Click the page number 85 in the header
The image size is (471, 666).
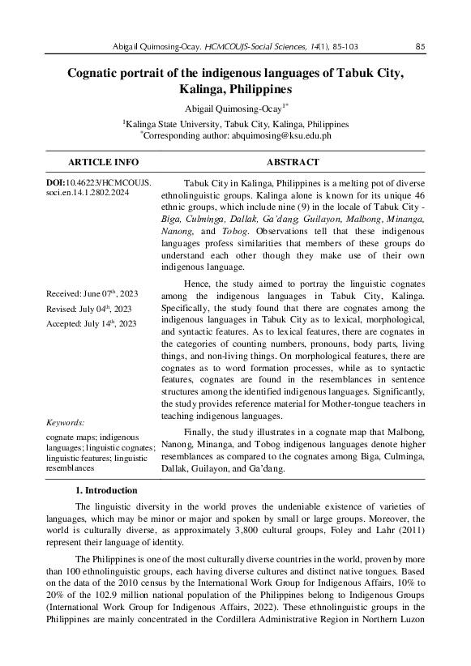[420, 46]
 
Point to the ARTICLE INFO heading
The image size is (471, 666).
[97, 162]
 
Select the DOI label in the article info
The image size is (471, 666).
[56, 186]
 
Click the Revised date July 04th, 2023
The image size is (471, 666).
[89, 308]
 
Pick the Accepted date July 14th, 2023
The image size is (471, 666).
[91, 323]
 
